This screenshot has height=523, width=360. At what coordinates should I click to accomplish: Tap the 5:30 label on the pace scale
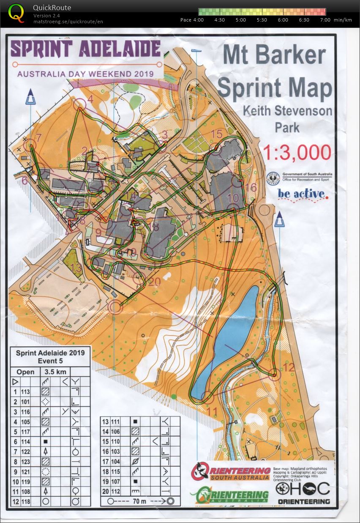pos(262,20)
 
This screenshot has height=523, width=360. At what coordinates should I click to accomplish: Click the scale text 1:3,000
pos(297,153)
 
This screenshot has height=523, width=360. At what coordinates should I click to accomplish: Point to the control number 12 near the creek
pos(289,367)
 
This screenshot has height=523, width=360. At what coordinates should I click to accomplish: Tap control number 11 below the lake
pos(212,411)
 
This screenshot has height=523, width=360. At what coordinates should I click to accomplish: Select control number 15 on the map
pos(216,134)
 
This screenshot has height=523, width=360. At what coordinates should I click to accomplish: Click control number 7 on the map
pos(39,138)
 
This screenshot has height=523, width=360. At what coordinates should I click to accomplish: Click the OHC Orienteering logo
pos(303,493)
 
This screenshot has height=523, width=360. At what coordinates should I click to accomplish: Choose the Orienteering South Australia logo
pos(230,471)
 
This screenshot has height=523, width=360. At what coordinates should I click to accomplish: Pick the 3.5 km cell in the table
pos(52,372)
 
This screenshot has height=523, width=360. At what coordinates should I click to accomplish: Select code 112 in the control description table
pos(116,491)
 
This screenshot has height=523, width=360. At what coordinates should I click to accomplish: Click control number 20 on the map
pos(155,281)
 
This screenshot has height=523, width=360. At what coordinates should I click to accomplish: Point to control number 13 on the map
pos(76,268)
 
